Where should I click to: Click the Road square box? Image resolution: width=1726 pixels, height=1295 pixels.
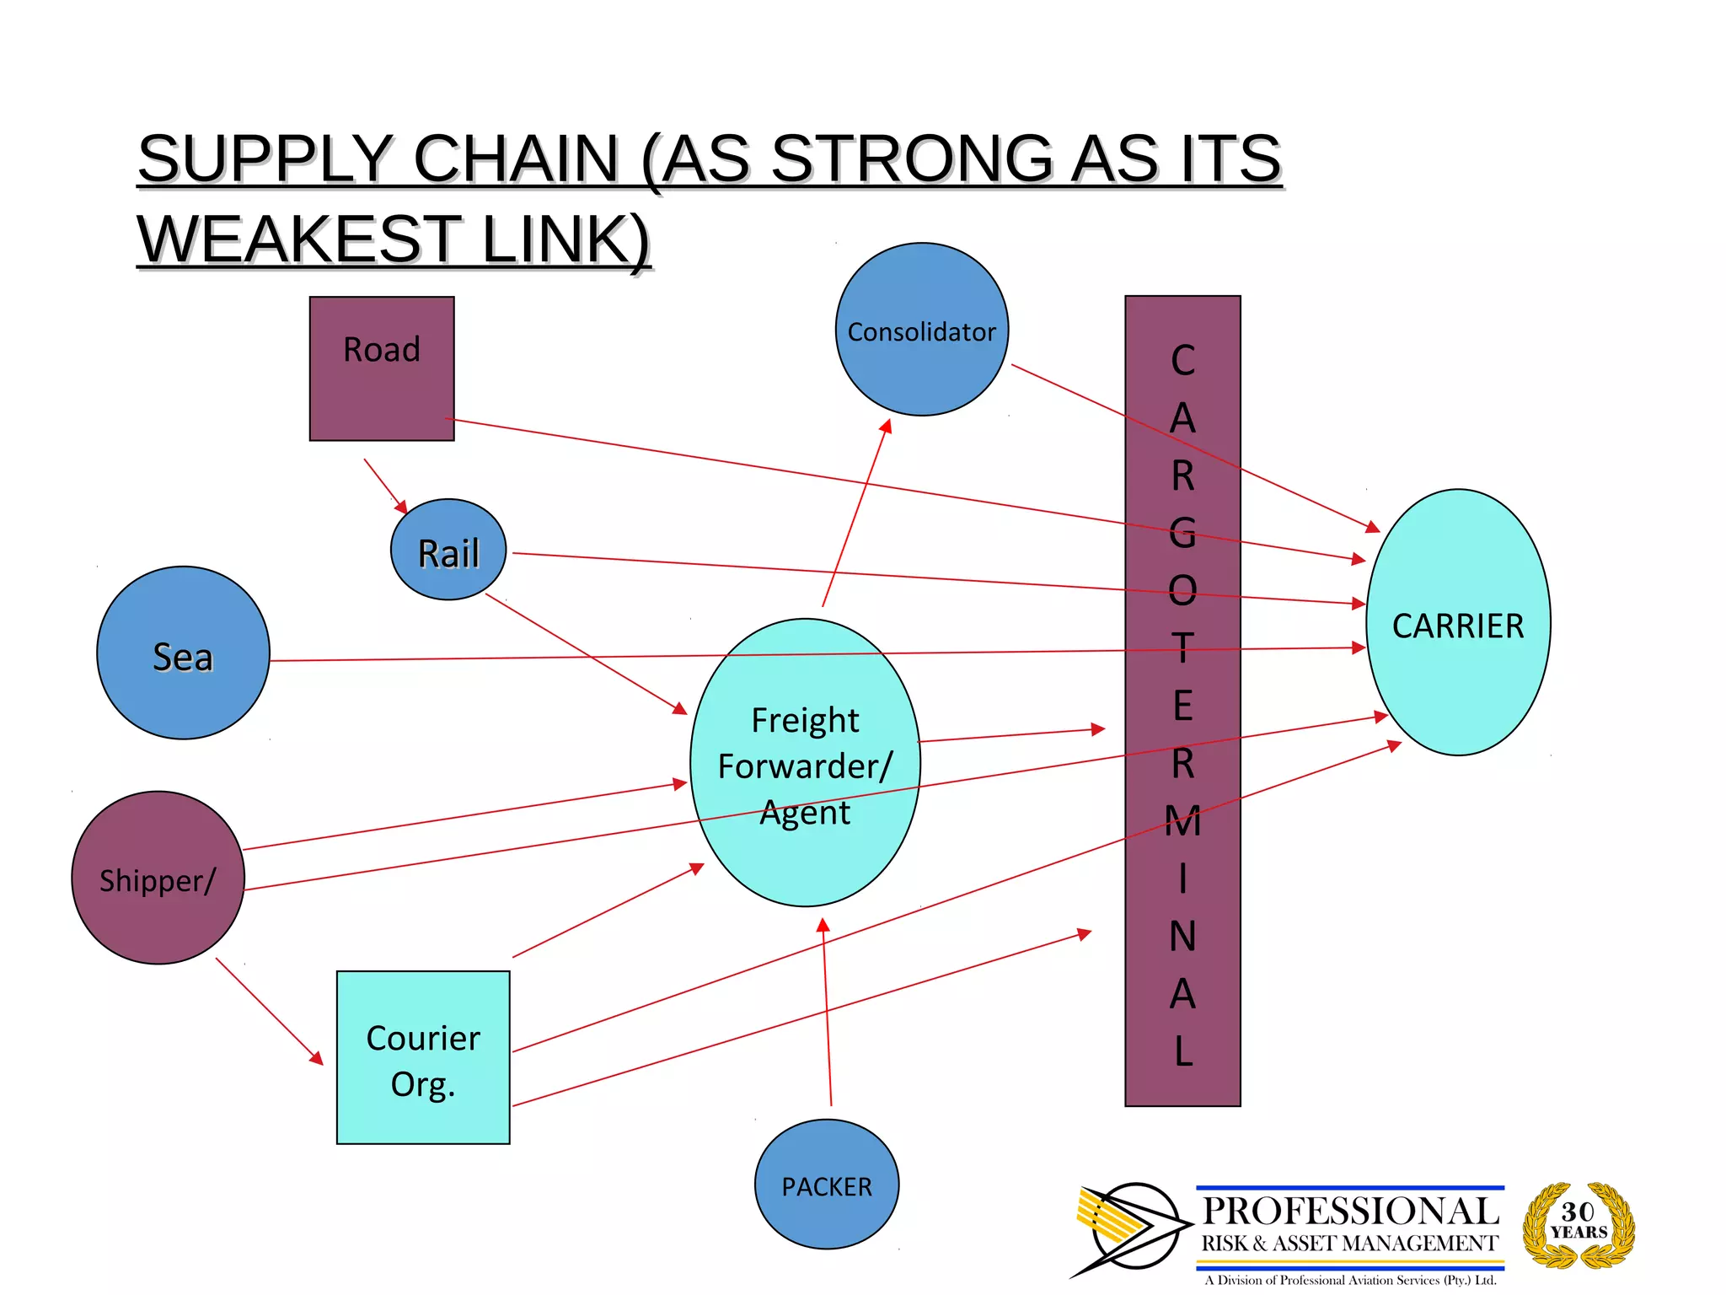pyautogui.click(x=382, y=368)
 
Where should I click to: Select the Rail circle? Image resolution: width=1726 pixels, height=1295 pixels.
pyautogui.click(x=448, y=550)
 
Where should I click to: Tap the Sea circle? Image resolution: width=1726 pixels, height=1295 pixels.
pyautogui.click(x=183, y=653)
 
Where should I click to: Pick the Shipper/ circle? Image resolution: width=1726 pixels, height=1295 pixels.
pyautogui.click(x=158, y=878)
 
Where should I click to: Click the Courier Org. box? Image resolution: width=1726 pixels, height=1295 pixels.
pyautogui.click(x=423, y=1058)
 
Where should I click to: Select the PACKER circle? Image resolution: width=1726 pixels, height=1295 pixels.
pyautogui.click(x=826, y=1185)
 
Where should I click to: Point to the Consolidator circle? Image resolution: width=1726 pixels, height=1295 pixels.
pyautogui.click(x=922, y=330)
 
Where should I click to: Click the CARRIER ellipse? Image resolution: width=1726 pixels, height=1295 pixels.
pyautogui.click(x=1458, y=623)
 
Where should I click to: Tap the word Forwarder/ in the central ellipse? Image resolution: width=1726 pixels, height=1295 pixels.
pyautogui.click(x=804, y=766)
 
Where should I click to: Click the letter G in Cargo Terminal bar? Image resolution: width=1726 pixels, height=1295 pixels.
pyautogui.click(x=1182, y=533)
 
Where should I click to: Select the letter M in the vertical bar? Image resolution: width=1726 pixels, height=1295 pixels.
pyautogui.click(x=1182, y=820)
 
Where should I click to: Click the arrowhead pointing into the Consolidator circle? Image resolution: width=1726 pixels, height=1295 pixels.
pyautogui.click(x=887, y=426)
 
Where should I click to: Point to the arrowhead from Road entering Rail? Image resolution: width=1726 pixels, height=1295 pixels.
pyautogui.click(x=401, y=507)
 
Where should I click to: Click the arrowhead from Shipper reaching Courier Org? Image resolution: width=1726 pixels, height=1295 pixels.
pyautogui.click(x=317, y=1058)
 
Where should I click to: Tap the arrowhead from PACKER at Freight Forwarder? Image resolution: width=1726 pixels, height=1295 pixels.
pyautogui.click(x=823, y=925)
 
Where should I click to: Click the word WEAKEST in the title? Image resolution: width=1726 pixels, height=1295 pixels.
pyautogui.click(x=298, y=239)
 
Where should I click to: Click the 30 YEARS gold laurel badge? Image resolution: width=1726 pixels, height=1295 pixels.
pyautogui.click(x=1579, y=1224)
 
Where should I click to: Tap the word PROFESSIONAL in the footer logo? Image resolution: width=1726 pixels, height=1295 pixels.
pyautogui.click(x=1350, y=1211)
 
